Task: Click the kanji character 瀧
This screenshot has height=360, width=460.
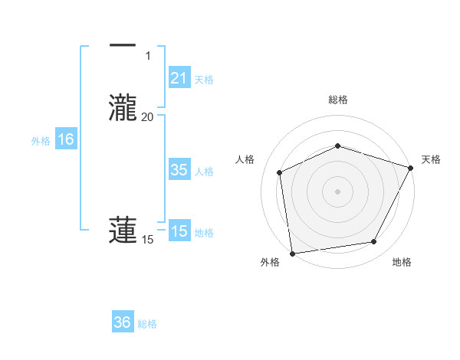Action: click(x=123, y=106)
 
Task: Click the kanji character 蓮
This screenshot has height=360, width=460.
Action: click(x=123, y=231)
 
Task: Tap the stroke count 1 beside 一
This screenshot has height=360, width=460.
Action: click(x=148, y=56)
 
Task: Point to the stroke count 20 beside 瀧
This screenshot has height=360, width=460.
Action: click(x=147, y=116)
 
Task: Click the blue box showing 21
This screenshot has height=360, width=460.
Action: click(x=179, y=77)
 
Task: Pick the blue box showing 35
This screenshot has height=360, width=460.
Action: click(x=179, y=170)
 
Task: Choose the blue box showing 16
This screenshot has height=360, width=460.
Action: click(x=66, y=139)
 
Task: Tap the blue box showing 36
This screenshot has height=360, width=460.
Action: click(x=123, y=322)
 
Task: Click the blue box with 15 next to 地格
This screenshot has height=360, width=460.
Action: click(x=179, y=231)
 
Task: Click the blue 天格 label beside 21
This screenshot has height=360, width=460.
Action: click(x=204, y=79)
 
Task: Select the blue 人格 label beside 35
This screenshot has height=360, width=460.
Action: click(x=204, y=172)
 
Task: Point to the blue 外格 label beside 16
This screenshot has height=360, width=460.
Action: click(x=41, y=141)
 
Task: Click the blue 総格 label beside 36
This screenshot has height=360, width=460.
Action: click(x=147, y=324)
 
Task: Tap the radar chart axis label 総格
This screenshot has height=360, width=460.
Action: click(x=337, y=100)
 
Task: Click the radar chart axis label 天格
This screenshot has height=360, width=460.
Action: click(x=431, y=159)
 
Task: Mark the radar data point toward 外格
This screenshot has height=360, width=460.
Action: click(x=292, y=253)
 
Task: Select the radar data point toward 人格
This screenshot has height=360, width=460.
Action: click(x=280, y=172)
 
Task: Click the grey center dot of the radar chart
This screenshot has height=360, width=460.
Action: click(x=337, y=191)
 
